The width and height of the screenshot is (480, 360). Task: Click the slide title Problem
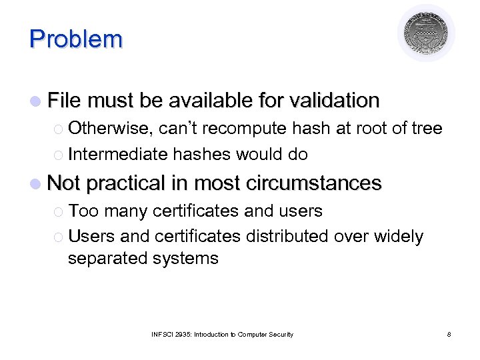[76, 39]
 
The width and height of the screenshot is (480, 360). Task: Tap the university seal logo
[426, 33]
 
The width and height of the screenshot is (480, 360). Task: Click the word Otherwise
[111, 128]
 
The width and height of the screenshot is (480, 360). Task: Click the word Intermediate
[118, 154]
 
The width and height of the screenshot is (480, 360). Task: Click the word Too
[83, 211]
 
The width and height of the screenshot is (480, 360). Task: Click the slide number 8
[449, 334]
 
